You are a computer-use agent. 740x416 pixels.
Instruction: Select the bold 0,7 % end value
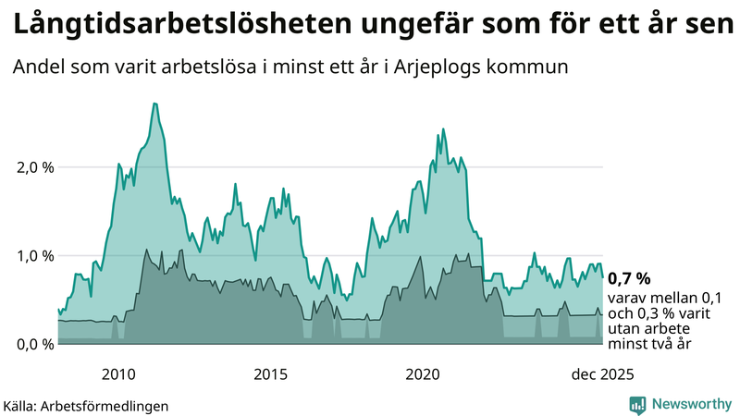[x=629, y=277]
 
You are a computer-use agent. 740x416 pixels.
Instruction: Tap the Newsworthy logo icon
[x=638, y=404]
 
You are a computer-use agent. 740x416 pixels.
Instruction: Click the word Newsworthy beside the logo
[x=689, y=404]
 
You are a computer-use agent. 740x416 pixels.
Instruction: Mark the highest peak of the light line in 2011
[x=154, y=104]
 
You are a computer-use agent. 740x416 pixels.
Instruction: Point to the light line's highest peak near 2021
[x=443, y=129]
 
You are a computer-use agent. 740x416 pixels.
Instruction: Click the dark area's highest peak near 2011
[x=146, y=249]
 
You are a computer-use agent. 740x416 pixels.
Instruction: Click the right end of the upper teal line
[x=603, y=276]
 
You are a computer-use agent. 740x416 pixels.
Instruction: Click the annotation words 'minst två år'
[x=650, y=344]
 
